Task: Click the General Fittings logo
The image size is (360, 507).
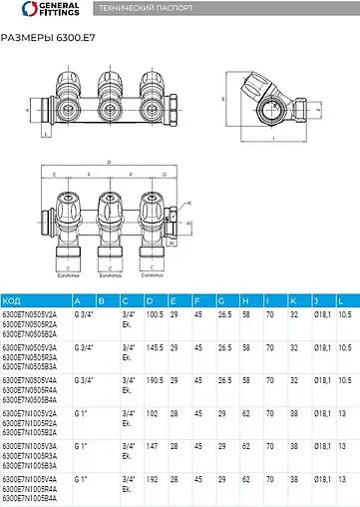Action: point(35,10)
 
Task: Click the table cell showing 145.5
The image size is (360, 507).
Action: point(155,347)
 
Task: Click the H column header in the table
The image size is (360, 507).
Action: point(244,300)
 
